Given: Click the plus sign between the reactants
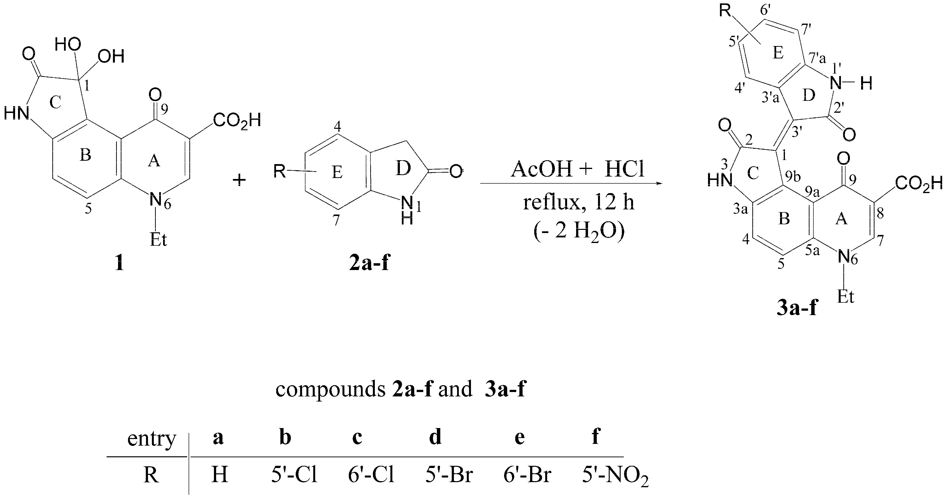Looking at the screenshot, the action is coord(239,180).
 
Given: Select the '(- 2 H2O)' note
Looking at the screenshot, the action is coord(579,232).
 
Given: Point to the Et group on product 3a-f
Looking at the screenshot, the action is coord(845,296).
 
